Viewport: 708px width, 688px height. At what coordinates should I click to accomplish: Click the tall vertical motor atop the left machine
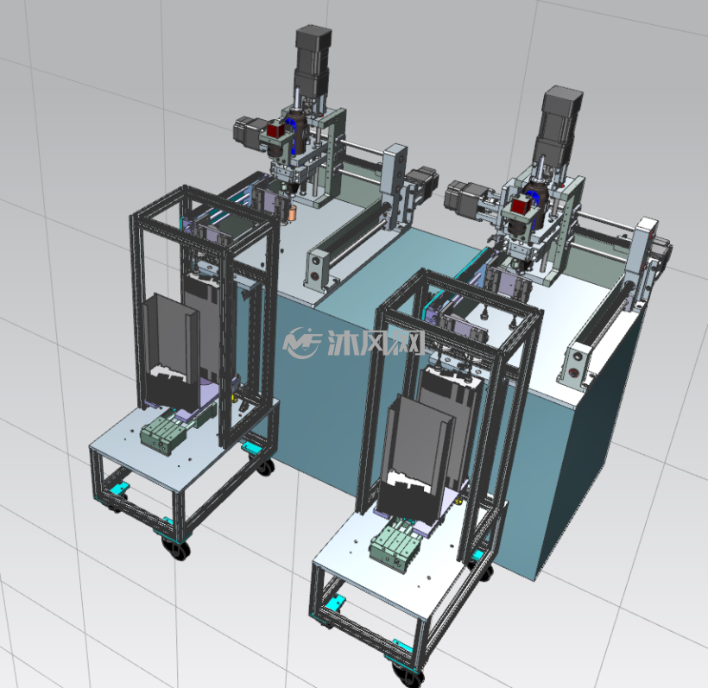tap(313, 62)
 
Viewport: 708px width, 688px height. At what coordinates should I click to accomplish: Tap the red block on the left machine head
tap(275, 130)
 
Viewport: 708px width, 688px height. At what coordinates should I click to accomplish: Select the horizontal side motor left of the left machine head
tap(248, 130)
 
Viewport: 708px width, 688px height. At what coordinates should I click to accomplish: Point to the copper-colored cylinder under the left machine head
tap(292, 213)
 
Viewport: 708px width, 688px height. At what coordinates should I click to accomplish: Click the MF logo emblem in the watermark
tap(301, 342)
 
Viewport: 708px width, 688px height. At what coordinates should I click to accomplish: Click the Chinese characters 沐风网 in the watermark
tap(376, 343)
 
